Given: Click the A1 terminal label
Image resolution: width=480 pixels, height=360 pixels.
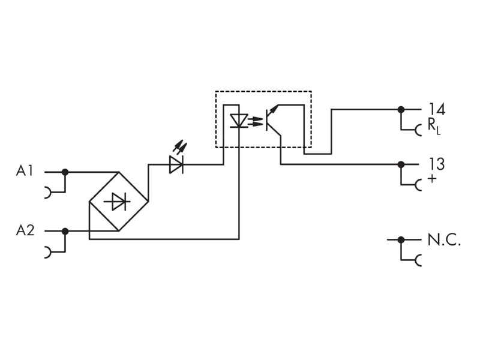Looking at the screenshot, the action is click(x=24, y=171).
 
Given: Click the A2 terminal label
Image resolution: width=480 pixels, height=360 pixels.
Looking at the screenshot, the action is click(x=25, y=230).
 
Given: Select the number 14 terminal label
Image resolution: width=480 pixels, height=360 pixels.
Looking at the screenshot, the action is click(x=437, y=109).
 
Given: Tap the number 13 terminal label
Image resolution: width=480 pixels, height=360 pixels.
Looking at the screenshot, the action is click(x=437, y=164).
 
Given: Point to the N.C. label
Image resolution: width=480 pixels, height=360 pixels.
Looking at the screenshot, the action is click(x=444, y=239).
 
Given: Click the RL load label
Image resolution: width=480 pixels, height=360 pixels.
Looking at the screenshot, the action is click(x=434, y=126).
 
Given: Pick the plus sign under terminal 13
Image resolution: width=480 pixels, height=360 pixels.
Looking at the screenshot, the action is click(x=432, y=178).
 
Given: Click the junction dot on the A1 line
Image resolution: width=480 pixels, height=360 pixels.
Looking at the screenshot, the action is click(x=65, y=172).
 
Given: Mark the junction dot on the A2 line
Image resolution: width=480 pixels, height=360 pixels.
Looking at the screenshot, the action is click(x=65, y=231).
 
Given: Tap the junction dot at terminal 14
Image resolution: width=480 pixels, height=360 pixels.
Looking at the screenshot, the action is click(x=401, y=109).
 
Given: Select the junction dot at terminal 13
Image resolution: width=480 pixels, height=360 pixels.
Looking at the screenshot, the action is click(x=401, y=164).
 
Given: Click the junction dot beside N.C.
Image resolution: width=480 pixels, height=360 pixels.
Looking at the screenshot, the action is click(x=401, y=239).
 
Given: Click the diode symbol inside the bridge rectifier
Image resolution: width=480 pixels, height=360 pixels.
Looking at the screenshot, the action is click(x=118, y=202).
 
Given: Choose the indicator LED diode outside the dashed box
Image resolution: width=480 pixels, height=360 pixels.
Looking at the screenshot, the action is click(x=176, y=164).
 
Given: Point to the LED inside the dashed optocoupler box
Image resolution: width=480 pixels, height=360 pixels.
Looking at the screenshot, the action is click(x=239, y=121).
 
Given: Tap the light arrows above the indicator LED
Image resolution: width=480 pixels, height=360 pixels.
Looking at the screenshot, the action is click(x=180, y=146).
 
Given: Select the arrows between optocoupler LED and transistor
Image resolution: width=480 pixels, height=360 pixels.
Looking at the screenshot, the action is click(x=256, y=121).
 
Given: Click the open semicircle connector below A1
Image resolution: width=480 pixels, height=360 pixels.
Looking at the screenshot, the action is click(x=48, y=192).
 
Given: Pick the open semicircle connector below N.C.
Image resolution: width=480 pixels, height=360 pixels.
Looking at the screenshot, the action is click(x=418, y=260).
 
